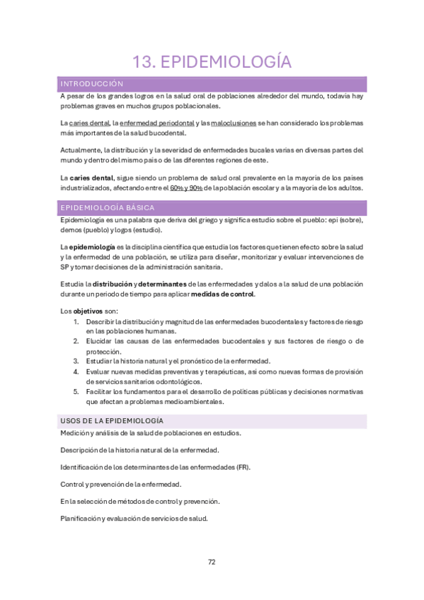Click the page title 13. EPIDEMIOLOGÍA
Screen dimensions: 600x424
tap(212, 62)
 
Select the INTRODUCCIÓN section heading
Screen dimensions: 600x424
tap(92, 83)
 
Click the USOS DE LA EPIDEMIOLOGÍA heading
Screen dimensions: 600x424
tap(112, 420)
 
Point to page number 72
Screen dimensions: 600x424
tap(212, 562)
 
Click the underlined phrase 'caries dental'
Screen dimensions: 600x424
tap(89, 122)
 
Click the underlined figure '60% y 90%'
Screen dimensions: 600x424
tap(186, 188)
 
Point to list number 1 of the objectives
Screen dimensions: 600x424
tap(76, 322)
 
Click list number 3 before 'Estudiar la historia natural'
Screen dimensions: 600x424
tap(76, 361)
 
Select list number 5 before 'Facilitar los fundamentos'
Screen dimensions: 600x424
tap(76, 391)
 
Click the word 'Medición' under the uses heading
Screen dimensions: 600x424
tap(74, 433)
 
